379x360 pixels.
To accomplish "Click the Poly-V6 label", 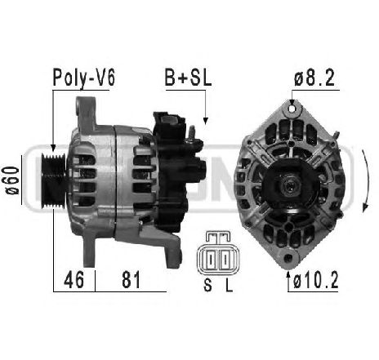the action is pyautogui.click(x=84, y=78).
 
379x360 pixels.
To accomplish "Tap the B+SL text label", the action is pyautogui.click(x=188, y=78).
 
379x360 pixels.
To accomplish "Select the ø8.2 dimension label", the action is pyautogui.click(x=314, y=78).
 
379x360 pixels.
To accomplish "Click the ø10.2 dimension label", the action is pyautogui.click(x=316, y=280).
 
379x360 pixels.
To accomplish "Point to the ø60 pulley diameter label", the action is pyautogui.click(x=12, y=180).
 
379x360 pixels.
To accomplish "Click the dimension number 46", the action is pyautogui.click(x=74, y=280).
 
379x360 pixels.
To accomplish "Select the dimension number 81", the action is pyautogui.click(x=131, y=280).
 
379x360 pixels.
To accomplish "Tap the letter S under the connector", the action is pyautogui.click(x=207, y=285).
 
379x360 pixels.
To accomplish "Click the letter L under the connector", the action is pyautogui.click(x=229, y=285).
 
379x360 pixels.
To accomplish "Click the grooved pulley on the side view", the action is pyautogui.click(x=53, y=180).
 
